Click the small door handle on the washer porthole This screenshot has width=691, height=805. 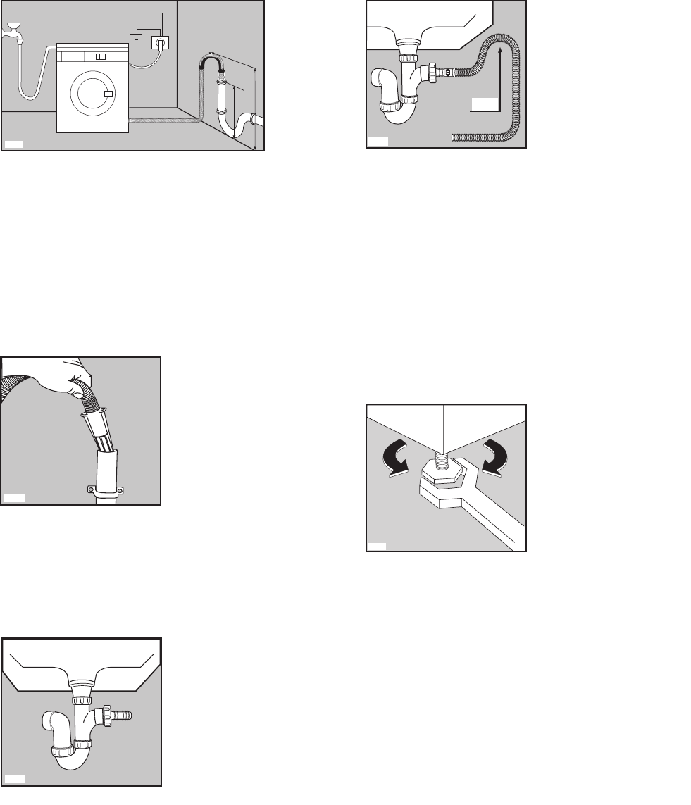point(108,94)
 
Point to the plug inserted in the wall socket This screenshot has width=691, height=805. point(161,44)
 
